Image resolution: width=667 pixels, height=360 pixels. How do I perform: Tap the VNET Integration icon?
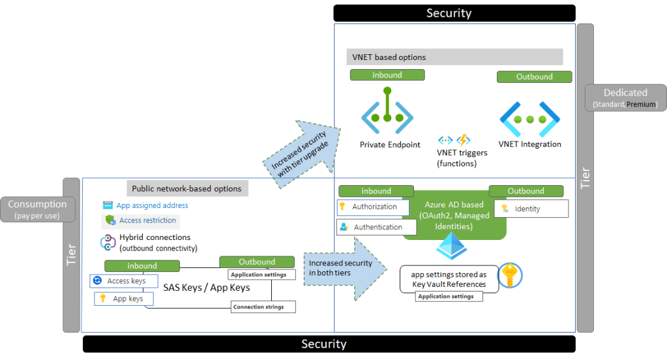coord(529,119)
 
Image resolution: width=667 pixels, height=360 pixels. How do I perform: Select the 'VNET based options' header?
coord(455,57)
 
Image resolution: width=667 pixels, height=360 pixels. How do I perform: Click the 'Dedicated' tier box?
coord(625,97)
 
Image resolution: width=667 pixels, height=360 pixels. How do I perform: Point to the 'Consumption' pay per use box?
coord(38,209)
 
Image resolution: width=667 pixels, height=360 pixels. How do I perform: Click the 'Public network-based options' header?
coord(186,188)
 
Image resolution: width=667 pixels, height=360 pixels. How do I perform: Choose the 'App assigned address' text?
coord(152,205)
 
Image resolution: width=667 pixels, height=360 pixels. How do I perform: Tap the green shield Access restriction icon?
coord(110,220)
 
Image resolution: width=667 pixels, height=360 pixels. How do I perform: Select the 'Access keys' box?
coord(123,281)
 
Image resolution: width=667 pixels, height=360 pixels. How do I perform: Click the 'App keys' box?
coord(124,299)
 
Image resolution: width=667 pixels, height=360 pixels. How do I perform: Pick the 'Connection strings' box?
coord(263,307)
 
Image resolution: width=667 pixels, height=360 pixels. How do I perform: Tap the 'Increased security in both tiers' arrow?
coord(342,267)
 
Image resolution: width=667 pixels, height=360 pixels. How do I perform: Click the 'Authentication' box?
coord(377,227)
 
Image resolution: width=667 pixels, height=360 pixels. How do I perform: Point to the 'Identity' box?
coord(531,209)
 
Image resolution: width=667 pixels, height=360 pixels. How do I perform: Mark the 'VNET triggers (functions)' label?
coord(462,158)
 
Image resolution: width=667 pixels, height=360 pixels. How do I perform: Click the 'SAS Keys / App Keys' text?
coord(207,288)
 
